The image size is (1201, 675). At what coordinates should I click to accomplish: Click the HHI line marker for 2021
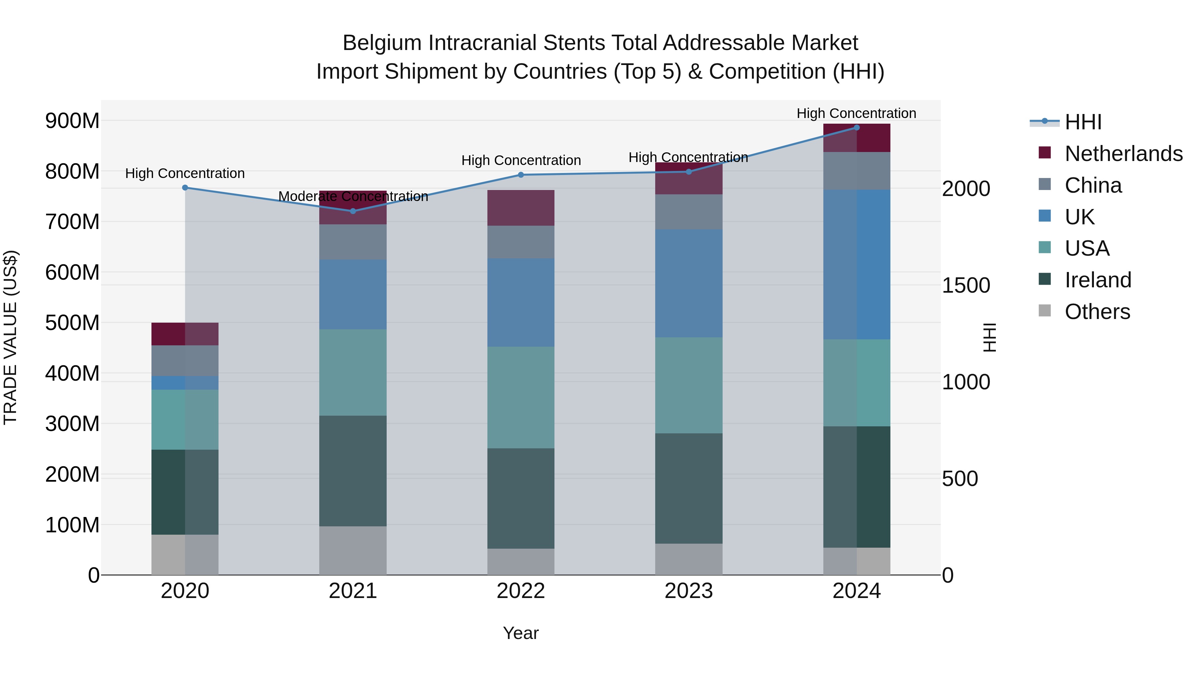[353, 211]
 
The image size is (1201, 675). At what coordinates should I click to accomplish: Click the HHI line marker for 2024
[856, 128]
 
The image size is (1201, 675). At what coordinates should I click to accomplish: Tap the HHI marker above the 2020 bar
[185, 188]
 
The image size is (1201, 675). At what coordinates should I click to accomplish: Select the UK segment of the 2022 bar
[521, 302]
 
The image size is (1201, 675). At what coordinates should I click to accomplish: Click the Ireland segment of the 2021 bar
[353, 470]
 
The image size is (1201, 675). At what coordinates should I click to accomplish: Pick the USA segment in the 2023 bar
[689, 385]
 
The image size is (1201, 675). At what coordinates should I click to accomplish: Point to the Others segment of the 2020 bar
[185, 554]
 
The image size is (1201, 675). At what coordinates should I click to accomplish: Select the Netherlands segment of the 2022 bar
[521, 208]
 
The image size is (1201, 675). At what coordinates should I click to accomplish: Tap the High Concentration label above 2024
[856, 113]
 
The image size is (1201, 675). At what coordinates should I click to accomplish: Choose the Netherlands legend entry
[1123, 154]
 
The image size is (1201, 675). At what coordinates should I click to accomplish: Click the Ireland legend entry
[1098, 280]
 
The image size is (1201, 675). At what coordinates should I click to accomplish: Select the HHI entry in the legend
[1083, 122]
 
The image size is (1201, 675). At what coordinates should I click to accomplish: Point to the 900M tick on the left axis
[72, 121]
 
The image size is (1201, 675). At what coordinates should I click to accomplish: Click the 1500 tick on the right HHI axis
[965, 286]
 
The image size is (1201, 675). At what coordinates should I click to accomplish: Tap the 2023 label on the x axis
[689, 591]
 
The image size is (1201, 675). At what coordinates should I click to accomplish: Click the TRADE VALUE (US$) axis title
[10, 337]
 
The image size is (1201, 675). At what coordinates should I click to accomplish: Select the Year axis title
[521, 633]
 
